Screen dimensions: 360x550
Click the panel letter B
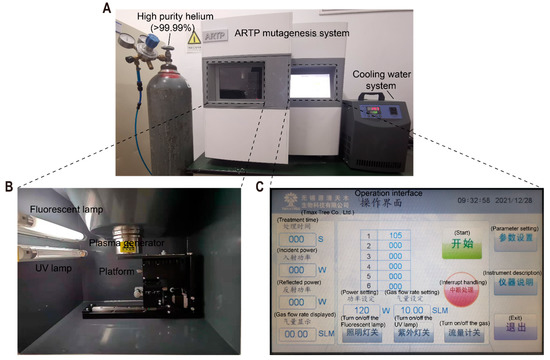(8, 187)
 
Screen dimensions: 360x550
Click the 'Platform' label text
(116, 269)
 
